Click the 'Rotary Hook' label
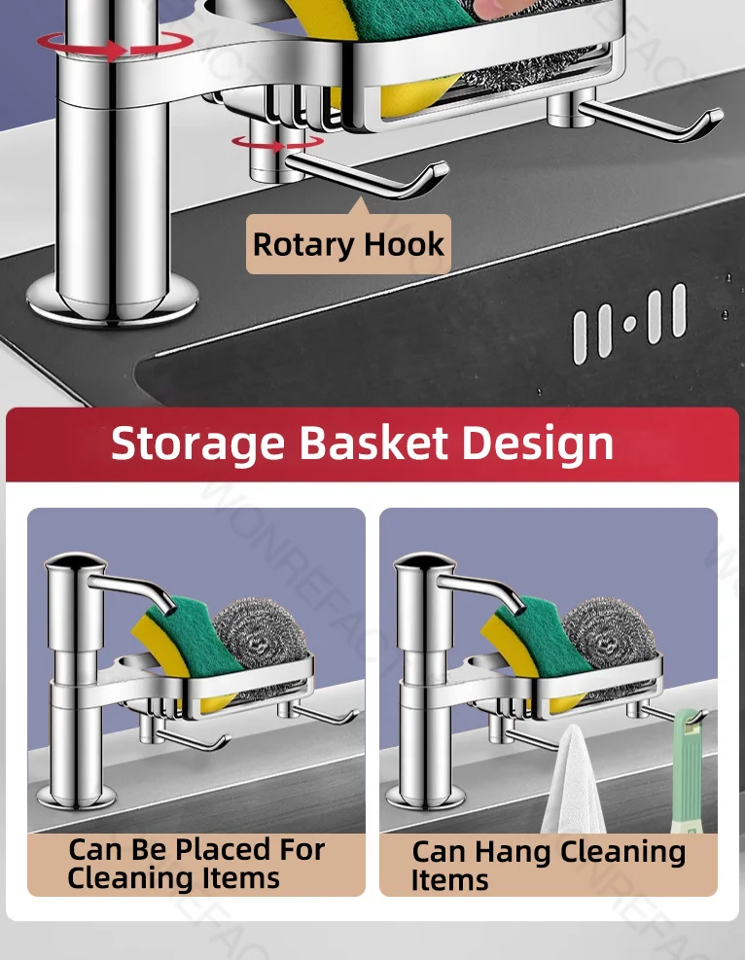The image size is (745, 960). click(x=348, y=244)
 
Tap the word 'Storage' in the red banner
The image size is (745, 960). click(x=197, y=443)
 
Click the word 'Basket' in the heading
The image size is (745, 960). click(x=372, y=443)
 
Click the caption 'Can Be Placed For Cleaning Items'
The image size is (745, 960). click(x=195, y=864)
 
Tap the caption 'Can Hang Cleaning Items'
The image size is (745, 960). click(x=548, y=865)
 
